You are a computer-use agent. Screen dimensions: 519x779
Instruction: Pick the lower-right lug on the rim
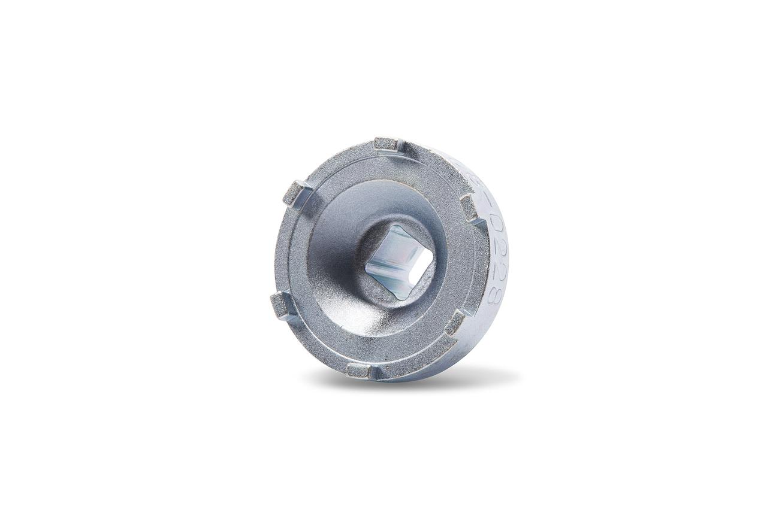(456, 322)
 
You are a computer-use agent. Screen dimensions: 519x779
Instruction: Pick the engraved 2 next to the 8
(497, 274)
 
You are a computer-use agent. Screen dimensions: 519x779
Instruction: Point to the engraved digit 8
(495, 295)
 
